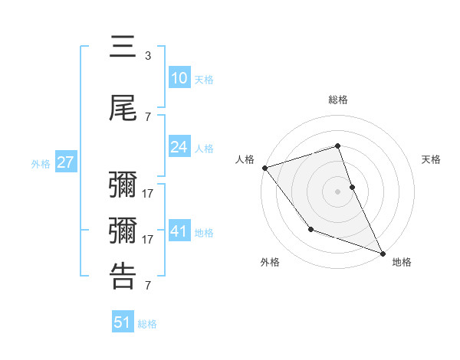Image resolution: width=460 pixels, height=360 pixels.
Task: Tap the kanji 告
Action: [123, 276]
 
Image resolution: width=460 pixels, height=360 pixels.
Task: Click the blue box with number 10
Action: [179, 78]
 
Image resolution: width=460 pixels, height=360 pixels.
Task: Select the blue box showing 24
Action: [179, 147]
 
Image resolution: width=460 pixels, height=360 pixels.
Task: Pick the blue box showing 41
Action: [179, 231]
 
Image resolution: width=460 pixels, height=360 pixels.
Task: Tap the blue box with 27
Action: [65, 162]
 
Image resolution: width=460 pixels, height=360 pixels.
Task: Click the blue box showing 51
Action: [123, 322]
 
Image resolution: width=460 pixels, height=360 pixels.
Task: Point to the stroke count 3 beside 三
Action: [148, 56]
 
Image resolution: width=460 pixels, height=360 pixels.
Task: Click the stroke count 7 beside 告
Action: [148, 286]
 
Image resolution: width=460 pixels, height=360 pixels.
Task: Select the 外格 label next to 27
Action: [40, 163]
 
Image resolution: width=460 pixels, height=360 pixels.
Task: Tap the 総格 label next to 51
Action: [147, 324]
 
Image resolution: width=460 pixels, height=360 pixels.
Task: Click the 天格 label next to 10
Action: [204, 79]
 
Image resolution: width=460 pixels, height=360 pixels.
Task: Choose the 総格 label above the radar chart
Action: [338, 100]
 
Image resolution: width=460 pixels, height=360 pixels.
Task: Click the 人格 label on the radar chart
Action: [245, 159]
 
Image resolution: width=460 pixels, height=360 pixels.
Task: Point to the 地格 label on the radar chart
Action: [402, 262]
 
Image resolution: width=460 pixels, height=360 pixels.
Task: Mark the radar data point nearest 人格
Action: [264, 168]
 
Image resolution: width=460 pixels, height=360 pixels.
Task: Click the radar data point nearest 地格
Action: [383, 254]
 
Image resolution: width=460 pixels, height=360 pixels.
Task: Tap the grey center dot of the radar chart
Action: [338, 191]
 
